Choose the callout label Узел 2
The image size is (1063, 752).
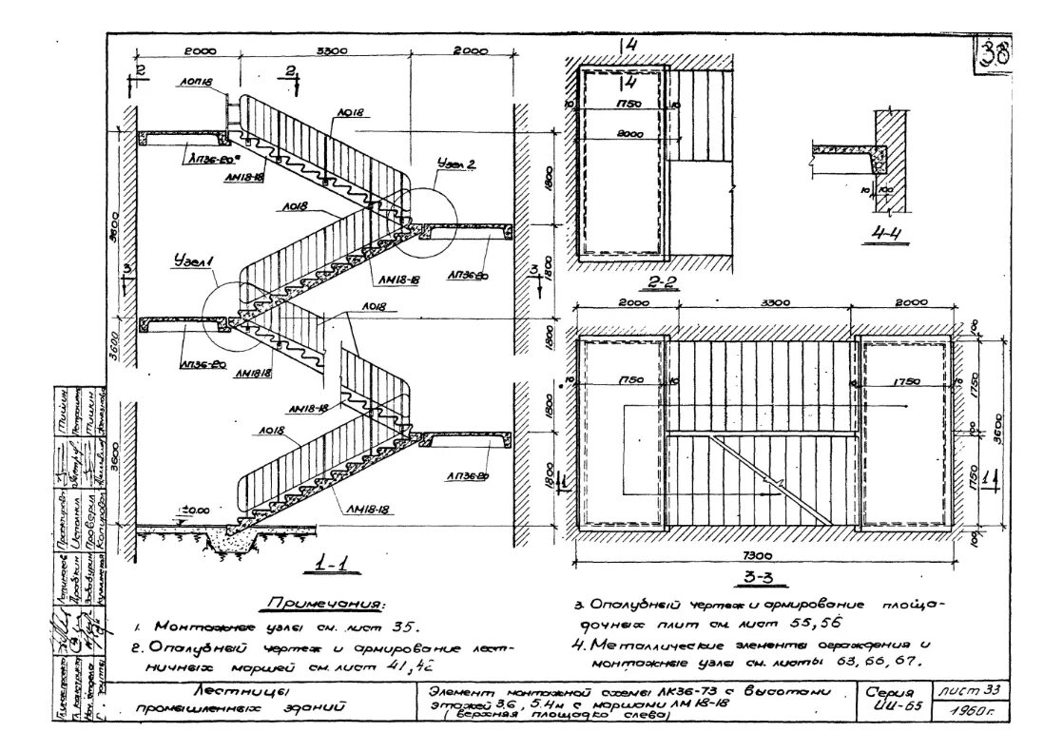click(456, 164)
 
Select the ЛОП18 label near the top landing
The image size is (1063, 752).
click(194, 82)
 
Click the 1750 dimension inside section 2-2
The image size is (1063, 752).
click(628, 103)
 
